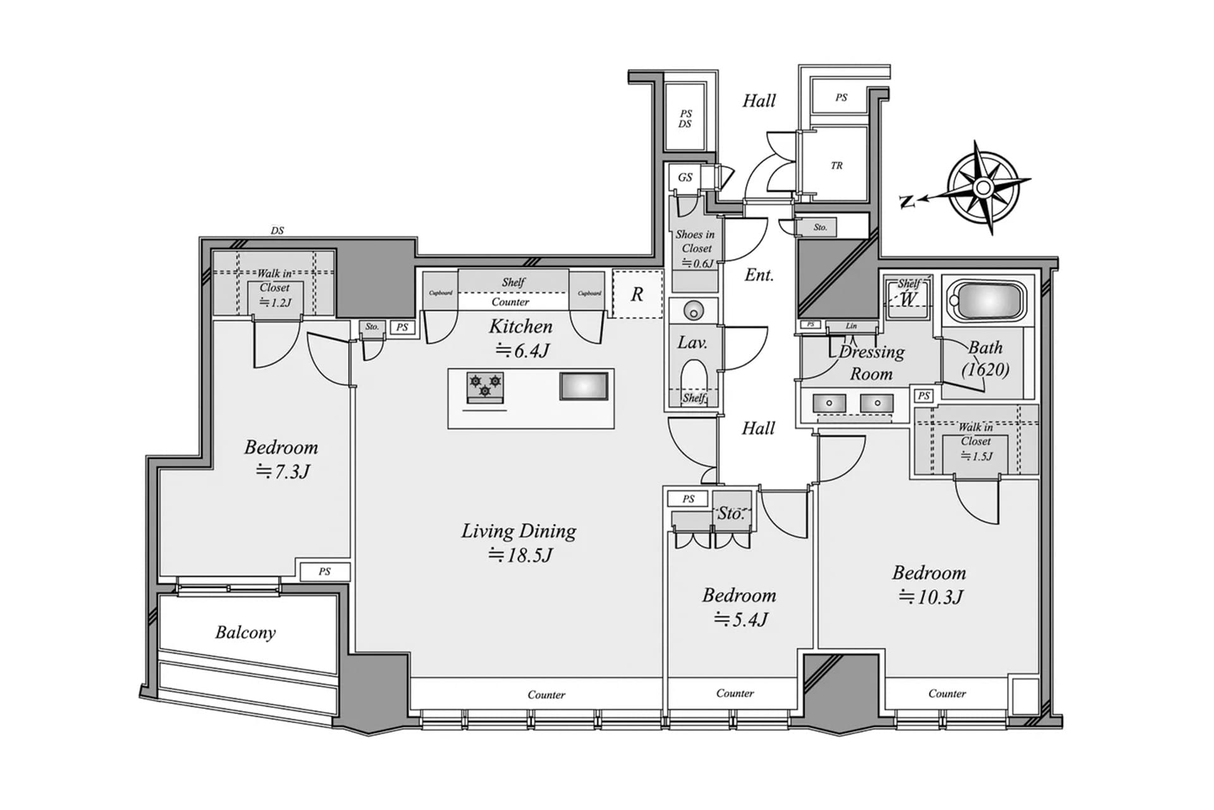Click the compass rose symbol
(x=983, y=188)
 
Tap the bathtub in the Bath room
(x=989, y=301)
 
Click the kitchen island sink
(x=584, y=386)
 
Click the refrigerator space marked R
(x=637, y=294)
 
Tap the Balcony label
(x=245, y=632)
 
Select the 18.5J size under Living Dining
(x=520, y=555)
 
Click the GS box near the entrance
(x=685, y=177)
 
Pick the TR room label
(x=837, y=166)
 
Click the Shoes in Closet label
(x=695, y=241)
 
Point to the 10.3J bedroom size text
(x=930, y=597)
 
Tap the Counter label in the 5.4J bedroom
(x=735, y=693)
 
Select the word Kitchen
(x=520, y=327)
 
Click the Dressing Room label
(x=871, y=363)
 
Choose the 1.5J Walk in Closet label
(x=976, y=441)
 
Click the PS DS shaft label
(x=685, y=119)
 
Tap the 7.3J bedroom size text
(x=283, y=471)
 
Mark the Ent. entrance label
(x=759, y=275)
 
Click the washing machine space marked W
(x=908, y=299)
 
